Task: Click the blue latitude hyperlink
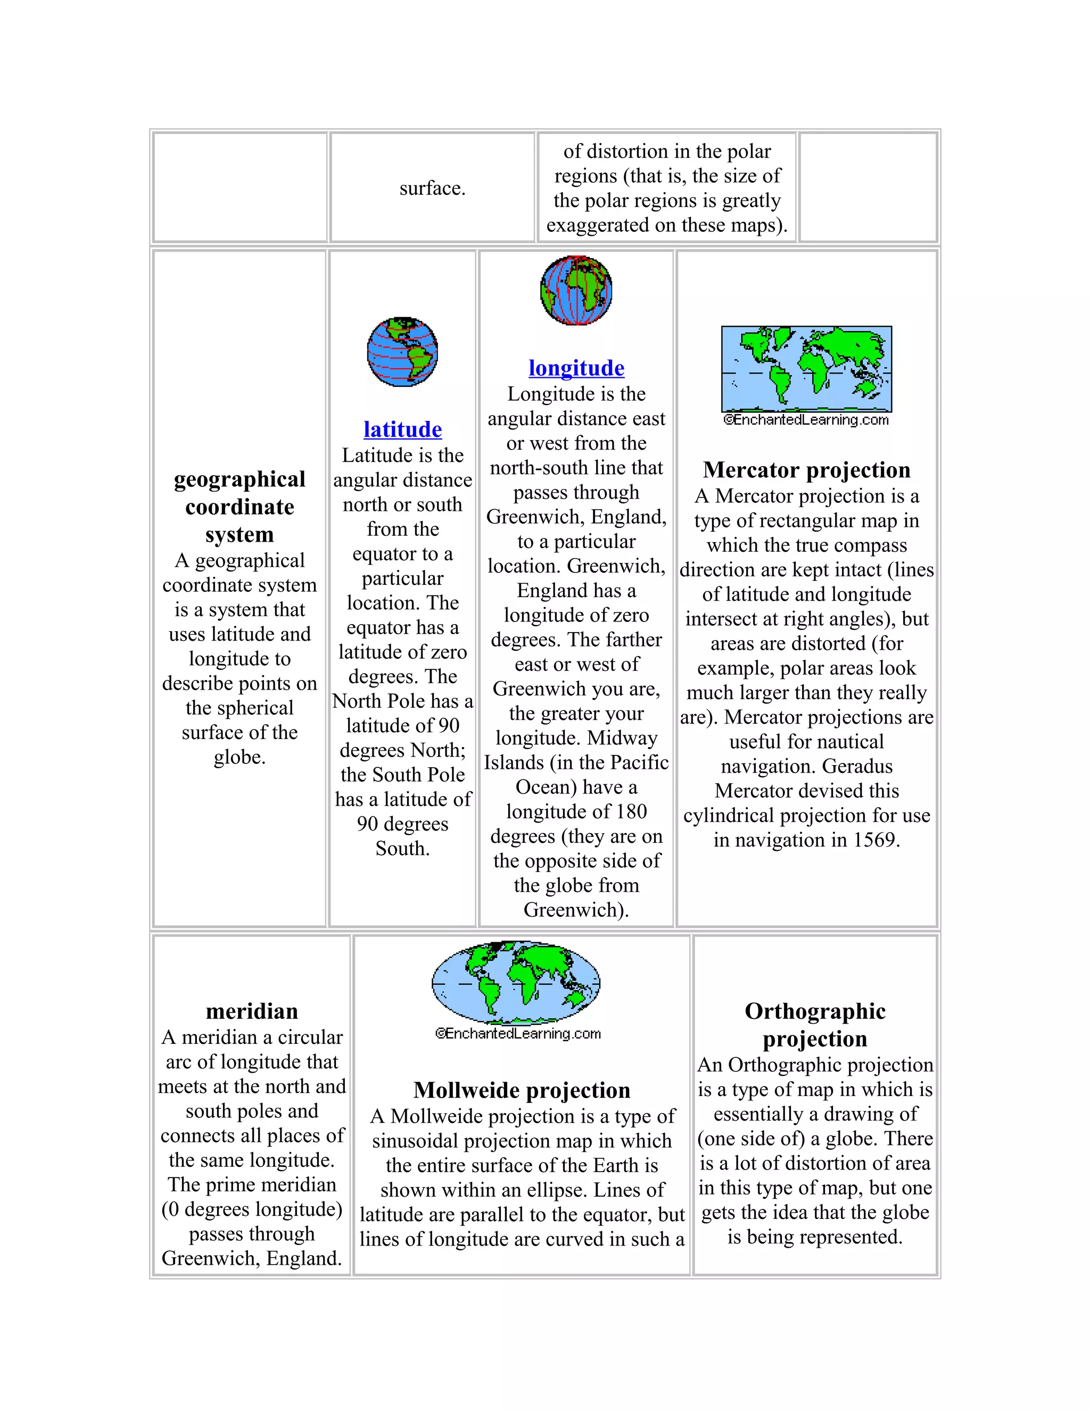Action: coord(402,429)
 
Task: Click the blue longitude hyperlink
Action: coord(576,368)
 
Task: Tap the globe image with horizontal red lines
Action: coord(402,352)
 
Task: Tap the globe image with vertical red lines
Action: coord(576,291)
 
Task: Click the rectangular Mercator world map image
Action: coord(806,369)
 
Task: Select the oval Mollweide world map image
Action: coord(516,983)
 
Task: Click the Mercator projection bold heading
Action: coord(806,470)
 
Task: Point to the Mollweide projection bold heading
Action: coord(522,1090)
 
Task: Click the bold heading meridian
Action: coord(252,1011)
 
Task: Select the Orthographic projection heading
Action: coord(815,1025)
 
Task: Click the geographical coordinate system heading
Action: coord(240,507)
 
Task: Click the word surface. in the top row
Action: coord(432,188)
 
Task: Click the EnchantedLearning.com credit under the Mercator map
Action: coord(806,420)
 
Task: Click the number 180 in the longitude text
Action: coord(630,811)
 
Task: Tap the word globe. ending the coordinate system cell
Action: coord(240,757)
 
